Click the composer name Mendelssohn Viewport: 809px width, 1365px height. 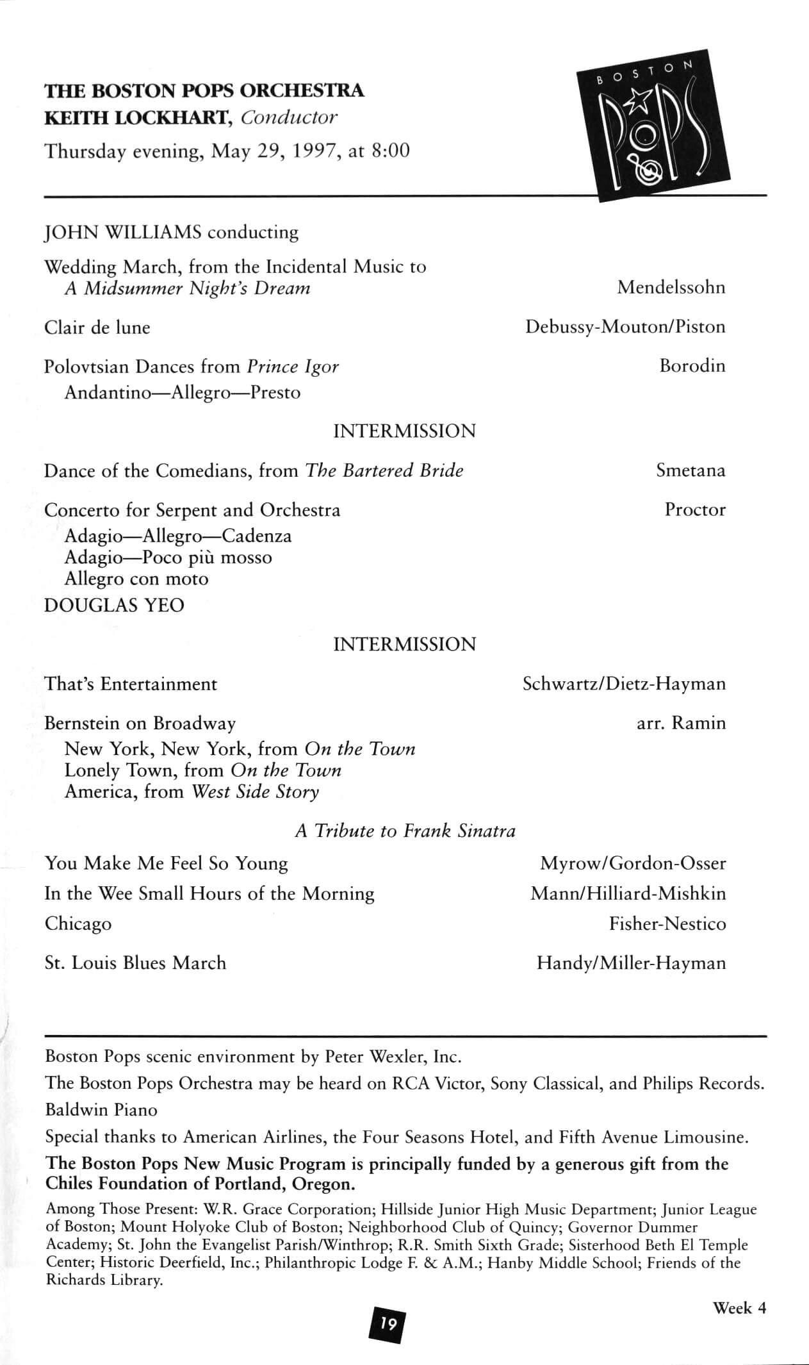point(671,287)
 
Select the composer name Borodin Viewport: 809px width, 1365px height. point(692,366)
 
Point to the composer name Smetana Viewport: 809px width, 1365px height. point(691,470)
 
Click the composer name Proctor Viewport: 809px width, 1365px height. point(695,509)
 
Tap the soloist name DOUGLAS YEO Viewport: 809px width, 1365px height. point(114,605)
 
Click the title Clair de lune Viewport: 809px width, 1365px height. point(97,327)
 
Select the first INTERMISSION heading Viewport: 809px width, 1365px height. point(404,431)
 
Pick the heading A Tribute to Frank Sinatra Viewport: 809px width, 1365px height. point(405,831)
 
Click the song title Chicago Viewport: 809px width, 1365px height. point(78,923)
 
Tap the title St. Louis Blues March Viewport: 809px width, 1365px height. point(135,963)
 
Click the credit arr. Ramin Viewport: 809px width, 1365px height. point(681,723)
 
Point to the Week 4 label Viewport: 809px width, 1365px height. point(739,1308)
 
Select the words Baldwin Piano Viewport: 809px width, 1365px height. point(101,1109)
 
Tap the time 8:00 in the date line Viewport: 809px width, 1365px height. point(389,151)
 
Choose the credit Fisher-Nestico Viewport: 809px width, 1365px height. point(667,923)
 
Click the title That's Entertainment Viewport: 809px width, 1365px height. point(131,684)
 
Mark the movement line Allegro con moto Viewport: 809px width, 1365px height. point(136,579)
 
